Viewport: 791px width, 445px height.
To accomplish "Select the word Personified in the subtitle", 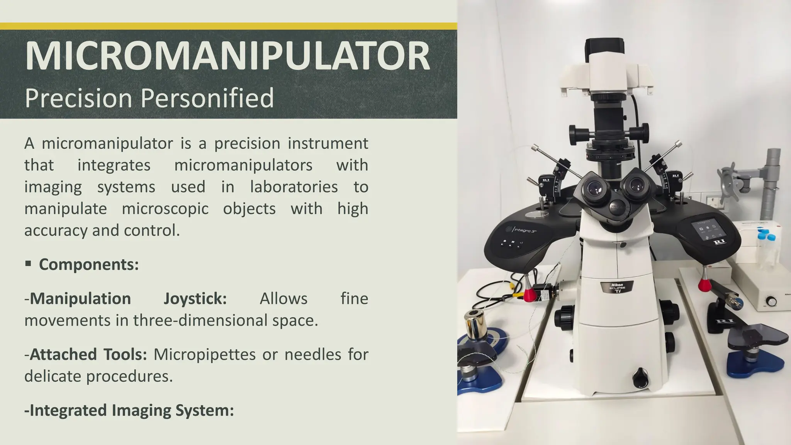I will pos(207,98).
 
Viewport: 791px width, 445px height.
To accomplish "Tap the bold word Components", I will pos(88,265).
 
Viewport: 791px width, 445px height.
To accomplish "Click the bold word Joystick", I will pos(195,299).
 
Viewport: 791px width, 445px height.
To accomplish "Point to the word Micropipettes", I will pos(204,354).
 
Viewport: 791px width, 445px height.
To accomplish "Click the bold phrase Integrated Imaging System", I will pos(129,410).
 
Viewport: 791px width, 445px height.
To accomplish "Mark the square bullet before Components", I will pos(28,264).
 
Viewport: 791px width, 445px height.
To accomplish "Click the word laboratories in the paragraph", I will pos(294,187).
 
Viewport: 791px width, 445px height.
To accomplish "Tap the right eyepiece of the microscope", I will pos(635,185).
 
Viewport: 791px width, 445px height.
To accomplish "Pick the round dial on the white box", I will pos(771,301).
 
